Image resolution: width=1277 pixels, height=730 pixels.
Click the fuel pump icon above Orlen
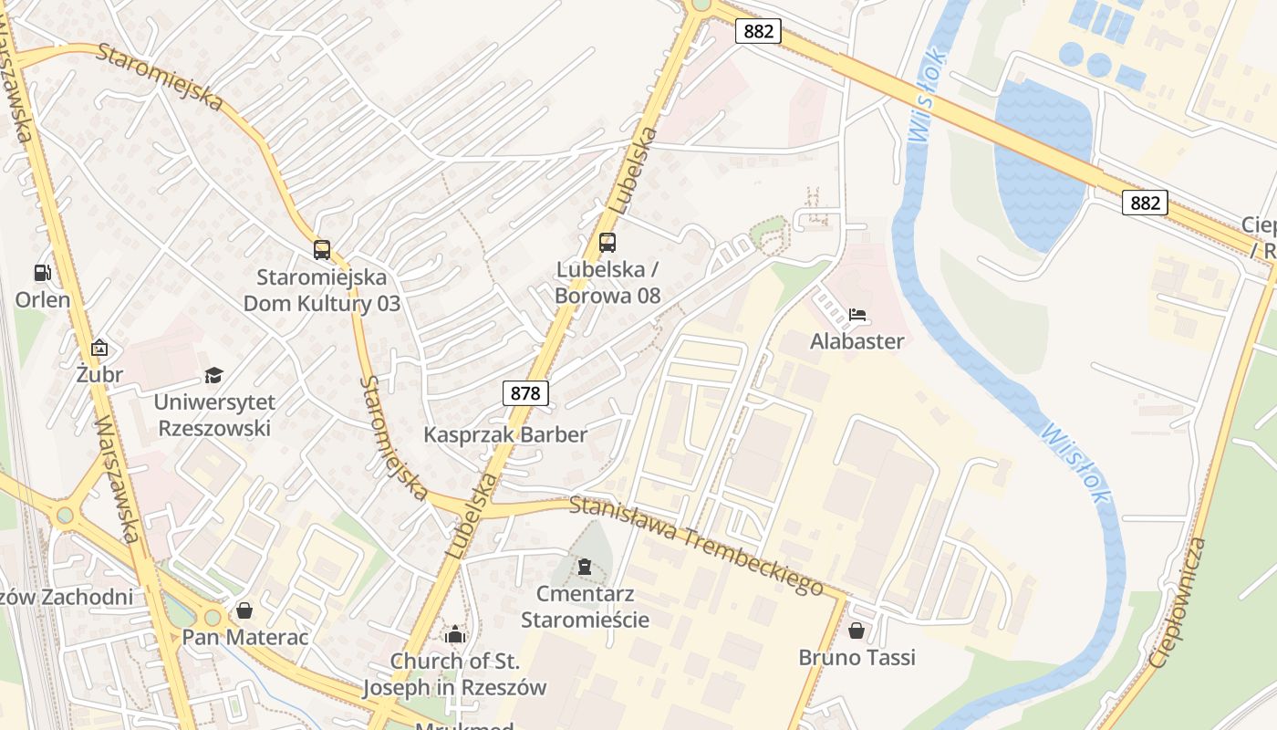[x=42, y=272]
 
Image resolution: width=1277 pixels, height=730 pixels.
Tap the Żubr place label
[x=99, y=373]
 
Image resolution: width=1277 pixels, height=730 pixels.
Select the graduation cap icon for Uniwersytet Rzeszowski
[x=213, y=375]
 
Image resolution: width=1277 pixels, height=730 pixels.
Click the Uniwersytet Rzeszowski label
[x=213, y=414]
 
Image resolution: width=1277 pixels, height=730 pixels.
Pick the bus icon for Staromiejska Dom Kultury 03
[x=321, y=249]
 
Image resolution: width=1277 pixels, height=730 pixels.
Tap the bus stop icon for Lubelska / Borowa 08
[x=607, y=243]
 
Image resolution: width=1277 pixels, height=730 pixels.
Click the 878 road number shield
[x=525, y=393]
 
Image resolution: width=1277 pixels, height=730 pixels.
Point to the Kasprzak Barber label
[x=505, y=434]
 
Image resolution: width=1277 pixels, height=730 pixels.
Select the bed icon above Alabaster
[x=857, y=316]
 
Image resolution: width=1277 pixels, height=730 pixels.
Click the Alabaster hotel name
[x=857, y=341]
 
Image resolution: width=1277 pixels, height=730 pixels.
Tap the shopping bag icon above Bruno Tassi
[x=857, y=631]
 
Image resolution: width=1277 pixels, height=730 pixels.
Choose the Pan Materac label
[x=245, y=636]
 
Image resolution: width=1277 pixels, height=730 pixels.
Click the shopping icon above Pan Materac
[x=244, y=610]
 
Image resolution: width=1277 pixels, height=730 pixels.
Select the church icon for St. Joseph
[x=454, y=634]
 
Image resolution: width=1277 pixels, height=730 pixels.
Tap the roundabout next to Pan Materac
[x=213, y=618]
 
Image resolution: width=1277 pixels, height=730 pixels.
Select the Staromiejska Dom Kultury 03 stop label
[x=321, y=290]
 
